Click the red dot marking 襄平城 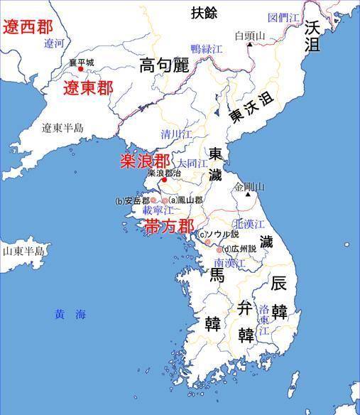(x=80, y=69)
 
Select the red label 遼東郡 (x=88, y=88)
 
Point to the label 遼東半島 (x=62, y=128)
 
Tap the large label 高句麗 (x=165, y=66)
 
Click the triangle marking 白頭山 (x=250, y=45)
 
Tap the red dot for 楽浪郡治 (x=165, y=180)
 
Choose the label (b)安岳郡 (x=131, y=200)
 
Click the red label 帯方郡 (x=169, y=226)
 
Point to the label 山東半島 (x=23, y=252)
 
